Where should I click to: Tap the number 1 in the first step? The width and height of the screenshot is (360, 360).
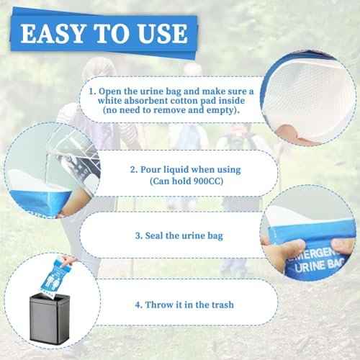tap(91, 92)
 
